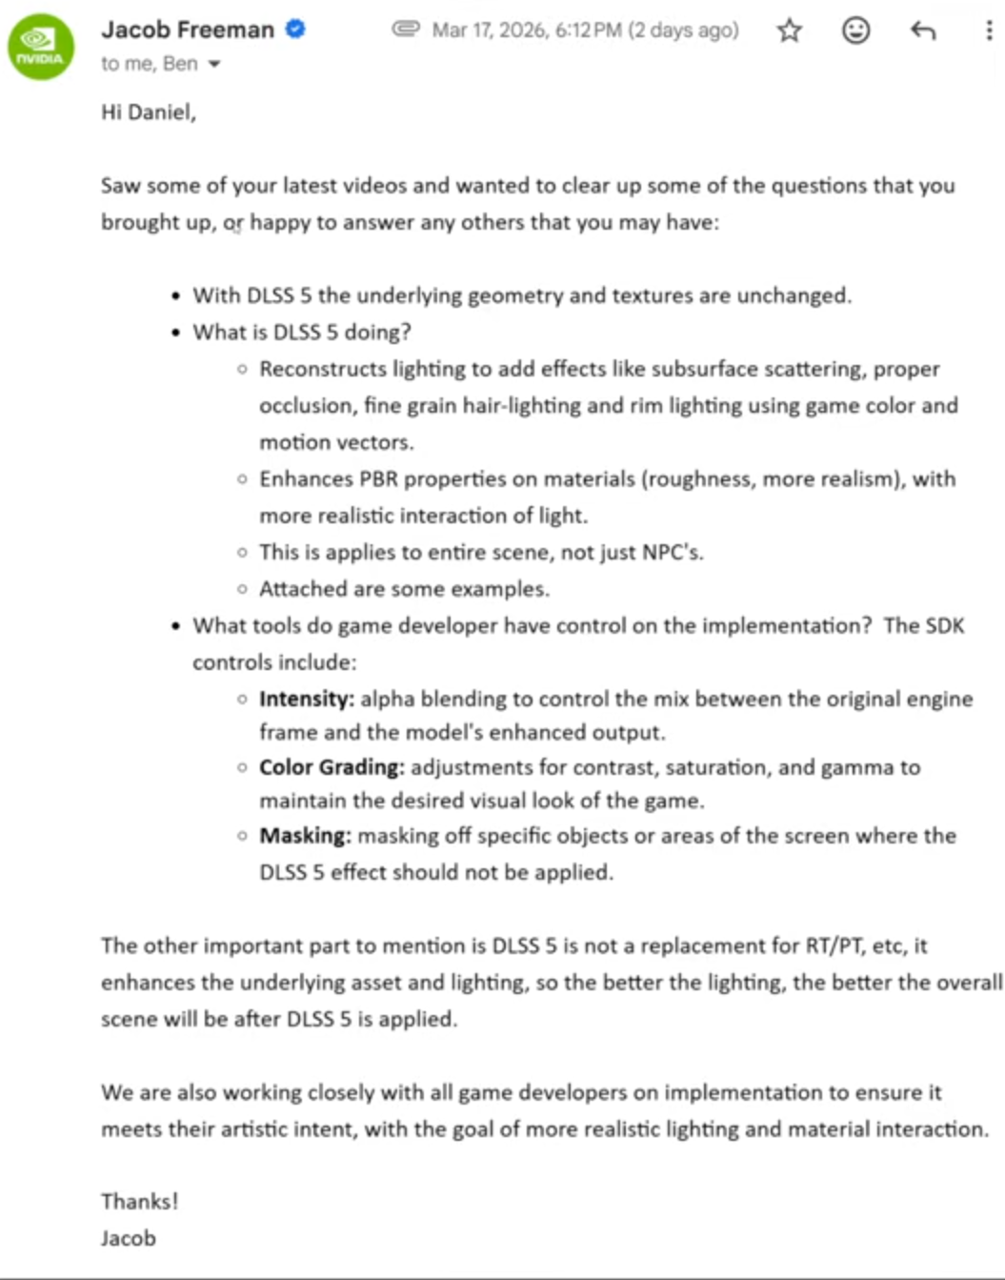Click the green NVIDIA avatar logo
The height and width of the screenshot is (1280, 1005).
point(40,47)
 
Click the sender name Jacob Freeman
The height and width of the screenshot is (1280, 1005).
point(187,30)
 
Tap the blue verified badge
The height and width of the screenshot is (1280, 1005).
point(296,30)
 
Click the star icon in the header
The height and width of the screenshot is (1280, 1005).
point(789,30)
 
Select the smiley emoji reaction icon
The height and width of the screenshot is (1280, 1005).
point(855,30)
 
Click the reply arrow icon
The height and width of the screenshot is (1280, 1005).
point(922,30)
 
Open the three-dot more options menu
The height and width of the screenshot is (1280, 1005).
point(988,30)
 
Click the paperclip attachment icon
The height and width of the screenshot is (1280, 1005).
point(406,30)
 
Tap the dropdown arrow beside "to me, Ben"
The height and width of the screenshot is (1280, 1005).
point(214,65)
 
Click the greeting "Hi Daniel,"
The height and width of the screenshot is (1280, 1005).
point(149,112)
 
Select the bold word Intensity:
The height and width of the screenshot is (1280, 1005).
point(306,699)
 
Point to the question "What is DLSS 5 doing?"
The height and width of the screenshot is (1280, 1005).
point(302,332)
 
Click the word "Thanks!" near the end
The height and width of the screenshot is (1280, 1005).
point(139,1201)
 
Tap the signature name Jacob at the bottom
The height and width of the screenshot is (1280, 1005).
point(129,1238)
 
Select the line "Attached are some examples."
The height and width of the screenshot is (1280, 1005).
point(404,589)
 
